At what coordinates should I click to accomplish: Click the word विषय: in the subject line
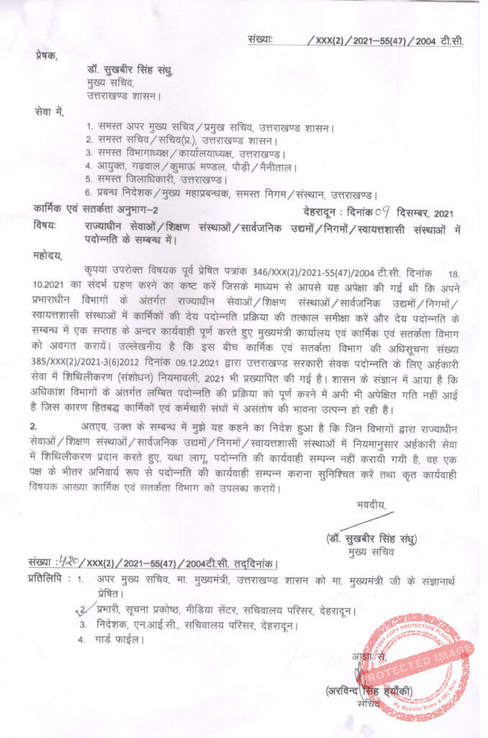click(x=45, y=226)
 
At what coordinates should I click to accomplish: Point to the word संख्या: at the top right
click(x=261, y=40)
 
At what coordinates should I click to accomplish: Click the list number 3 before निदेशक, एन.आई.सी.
click(x=83, y=625)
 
